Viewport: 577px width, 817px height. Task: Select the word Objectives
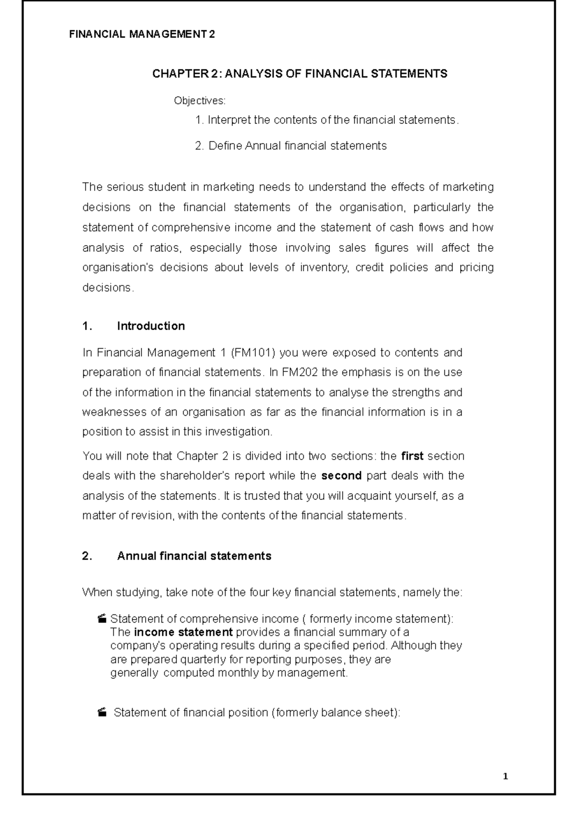[199, 101]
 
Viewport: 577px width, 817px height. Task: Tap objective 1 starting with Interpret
[327, 120]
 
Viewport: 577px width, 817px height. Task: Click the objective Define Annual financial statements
[291, 146]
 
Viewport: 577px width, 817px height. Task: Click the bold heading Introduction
[151, 326]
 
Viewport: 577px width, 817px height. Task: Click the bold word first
[412, 456]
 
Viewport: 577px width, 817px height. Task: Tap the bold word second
[341, 476]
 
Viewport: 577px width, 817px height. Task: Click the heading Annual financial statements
[194, 556]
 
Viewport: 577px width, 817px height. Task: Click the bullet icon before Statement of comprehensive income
[101, 619]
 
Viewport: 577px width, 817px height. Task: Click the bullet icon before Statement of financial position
[101, 713]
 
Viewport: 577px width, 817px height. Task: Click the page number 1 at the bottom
[505, 777]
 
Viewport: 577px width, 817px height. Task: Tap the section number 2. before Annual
[87, 556]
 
